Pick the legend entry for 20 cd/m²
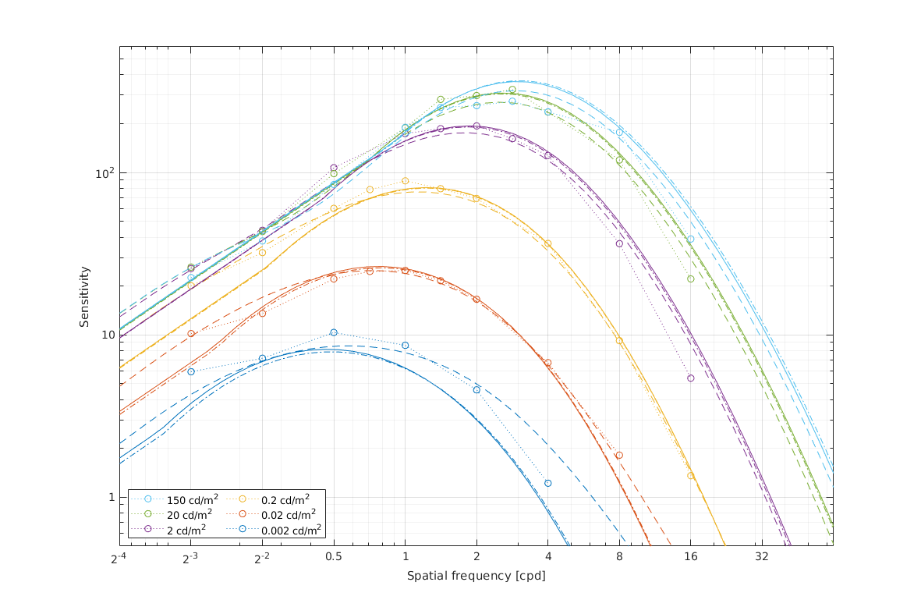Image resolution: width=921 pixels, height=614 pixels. (x=184, y=515)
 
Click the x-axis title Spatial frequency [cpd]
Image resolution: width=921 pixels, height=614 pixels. (x=476, y=576)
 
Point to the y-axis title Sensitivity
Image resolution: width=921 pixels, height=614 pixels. (x=84, y=296)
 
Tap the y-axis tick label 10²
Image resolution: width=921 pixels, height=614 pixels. (x=103, y=172)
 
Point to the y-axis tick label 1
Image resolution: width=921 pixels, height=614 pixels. (x=108, y=497)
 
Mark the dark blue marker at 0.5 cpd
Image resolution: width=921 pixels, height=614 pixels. (x=334, y=332)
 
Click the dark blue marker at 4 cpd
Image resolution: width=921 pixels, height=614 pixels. (x=547, y=483)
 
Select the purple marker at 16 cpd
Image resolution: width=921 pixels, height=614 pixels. (x=690, y=378)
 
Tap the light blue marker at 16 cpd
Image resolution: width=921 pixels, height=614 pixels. (x=690, y=239)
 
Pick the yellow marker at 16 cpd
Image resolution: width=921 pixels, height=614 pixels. (x=690, y=475)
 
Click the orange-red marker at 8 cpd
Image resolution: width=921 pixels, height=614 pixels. (x=619, y=455)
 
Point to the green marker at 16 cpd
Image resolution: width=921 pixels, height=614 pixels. (x=690, y=279)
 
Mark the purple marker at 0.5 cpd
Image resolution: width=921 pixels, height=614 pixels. (x=334, y=168)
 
